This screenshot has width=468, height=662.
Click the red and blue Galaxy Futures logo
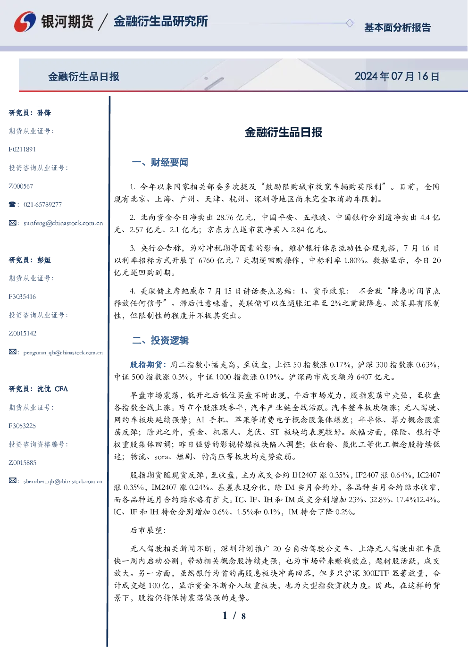[25, 22]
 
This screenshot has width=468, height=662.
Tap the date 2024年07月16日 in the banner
[397, 76]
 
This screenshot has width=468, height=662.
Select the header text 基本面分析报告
[397, 27]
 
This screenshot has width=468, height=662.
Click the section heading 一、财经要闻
[160, 162]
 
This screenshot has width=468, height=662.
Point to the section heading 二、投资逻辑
[160, 341]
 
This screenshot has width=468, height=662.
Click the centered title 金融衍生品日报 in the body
[284, 132]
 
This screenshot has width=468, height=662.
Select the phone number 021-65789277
[42, 204]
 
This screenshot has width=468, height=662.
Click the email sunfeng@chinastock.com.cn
[63, 223]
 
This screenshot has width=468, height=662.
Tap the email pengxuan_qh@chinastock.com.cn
[63, 352]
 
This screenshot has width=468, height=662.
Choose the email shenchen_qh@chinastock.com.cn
[63, 481]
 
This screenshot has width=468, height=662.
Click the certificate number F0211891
[22, 149]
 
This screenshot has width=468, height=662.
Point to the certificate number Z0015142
[23, 334]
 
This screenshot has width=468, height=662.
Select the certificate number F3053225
[22, 426]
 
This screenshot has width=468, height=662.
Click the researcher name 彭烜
[44, 260]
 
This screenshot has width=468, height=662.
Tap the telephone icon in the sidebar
[12, 204]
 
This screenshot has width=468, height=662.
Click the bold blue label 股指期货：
[148, 365]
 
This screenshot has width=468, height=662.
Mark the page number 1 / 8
[234, 616]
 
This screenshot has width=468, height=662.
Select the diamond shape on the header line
[350, 23]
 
